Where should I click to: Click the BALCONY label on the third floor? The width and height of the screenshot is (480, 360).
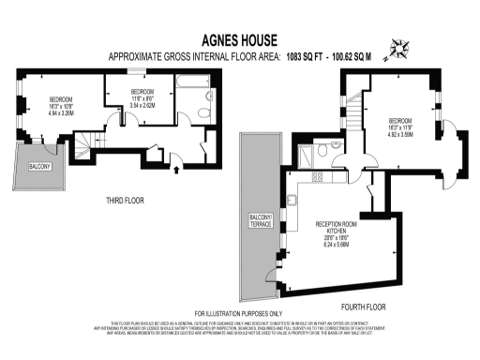pos(38,167)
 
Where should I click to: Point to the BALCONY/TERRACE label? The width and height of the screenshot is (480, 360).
pos(260,220)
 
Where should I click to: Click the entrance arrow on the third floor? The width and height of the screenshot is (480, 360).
pos(177,171)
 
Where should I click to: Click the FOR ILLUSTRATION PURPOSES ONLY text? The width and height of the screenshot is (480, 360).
pos(239,313)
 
